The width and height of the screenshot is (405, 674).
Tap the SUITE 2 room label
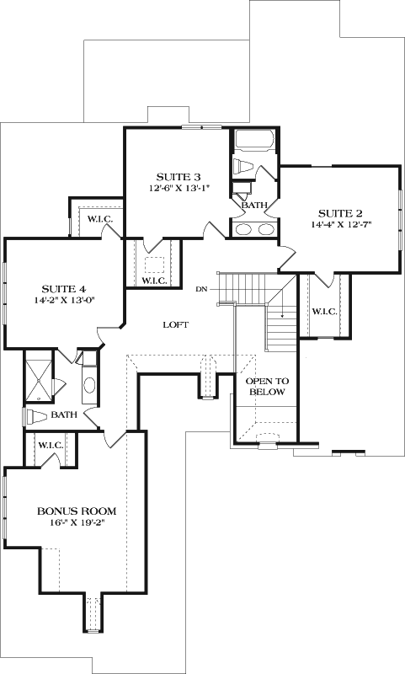tap(340, 212)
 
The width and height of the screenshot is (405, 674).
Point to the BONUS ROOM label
tap(76, 511)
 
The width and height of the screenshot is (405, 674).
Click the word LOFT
tap(175, 324)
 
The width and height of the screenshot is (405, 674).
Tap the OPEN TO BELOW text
tap(265, 387)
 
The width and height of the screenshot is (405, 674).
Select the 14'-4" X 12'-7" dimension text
tap(340, 225)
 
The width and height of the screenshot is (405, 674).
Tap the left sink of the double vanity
tap(244, 228)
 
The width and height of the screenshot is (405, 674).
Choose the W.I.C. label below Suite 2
tap(324, 312)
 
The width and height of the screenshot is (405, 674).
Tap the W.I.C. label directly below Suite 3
tap(153, 281)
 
